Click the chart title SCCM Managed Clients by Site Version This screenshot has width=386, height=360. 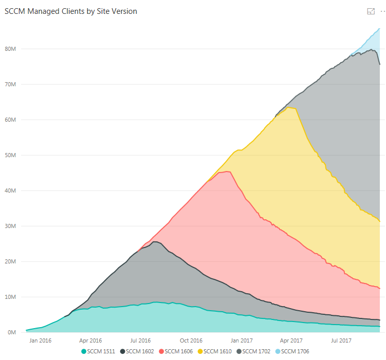[x=71, y=11]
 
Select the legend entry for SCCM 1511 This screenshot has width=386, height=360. [x=98, y=351]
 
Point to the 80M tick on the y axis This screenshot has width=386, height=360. [x=12, y=49]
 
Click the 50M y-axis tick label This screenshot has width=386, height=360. [x=12, y=155]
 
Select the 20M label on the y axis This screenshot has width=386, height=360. [x=12, y=261]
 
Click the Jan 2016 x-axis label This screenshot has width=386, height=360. [x=40, y=340]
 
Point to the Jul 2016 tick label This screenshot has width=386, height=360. [x=140, y=340]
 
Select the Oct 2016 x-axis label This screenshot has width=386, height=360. [x=191, y=340]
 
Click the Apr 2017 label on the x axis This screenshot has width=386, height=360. [x=291, y=340]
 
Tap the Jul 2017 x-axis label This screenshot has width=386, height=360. [x=341, y=340]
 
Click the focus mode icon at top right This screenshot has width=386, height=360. [x=371, y=11]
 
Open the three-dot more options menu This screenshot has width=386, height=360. [x=382, y=11]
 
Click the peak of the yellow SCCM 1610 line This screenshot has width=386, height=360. [x=290, y=107]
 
